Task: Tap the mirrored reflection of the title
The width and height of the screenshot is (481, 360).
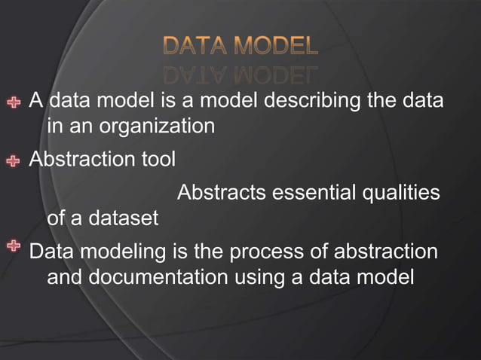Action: pyautogui.click(x=240, y=73)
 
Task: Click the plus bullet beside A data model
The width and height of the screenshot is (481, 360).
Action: pyautogui.click(x=14, y=101)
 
